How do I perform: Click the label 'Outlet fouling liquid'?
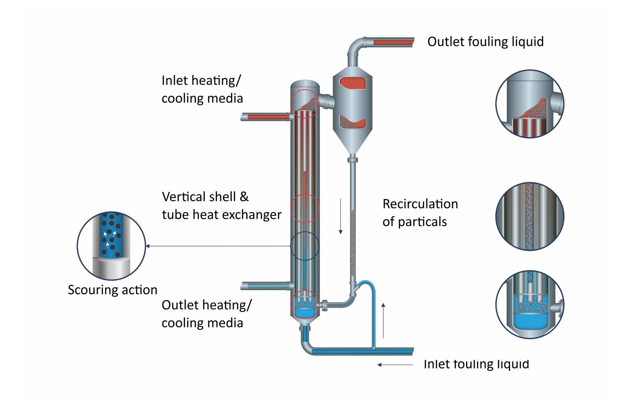click(485, 42)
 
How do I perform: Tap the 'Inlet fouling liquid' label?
click(476, 364)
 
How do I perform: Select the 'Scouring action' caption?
click(113, 290)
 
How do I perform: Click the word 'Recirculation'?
click(420, 204)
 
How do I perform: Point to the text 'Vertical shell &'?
click(205, 197)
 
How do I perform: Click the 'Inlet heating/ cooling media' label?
click(202, 89)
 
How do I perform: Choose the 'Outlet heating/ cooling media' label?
click(206, 314)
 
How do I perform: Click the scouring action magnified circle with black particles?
click(111, 246)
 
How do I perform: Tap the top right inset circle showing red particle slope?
click(530, 104)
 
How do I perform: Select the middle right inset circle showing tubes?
click(530, 217)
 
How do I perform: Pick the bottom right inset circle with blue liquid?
click(530, 304)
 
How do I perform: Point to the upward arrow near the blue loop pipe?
click(383, 321)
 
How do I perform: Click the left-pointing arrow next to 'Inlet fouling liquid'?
click(395, 365)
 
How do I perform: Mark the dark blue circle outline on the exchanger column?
click(305, 246)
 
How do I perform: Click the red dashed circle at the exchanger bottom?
click(305, 304)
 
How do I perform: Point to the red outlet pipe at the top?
click(392, 42)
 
